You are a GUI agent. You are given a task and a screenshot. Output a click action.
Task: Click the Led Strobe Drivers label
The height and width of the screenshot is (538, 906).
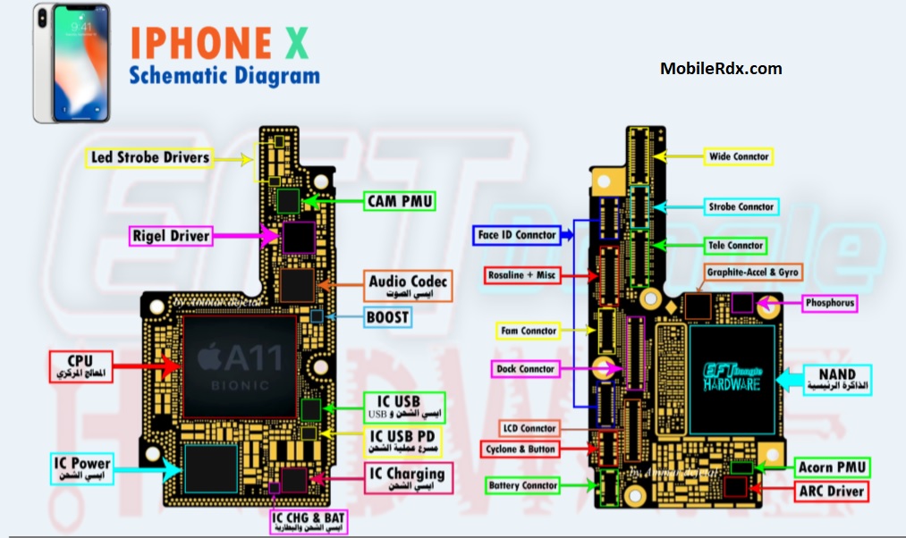tap(150, 158)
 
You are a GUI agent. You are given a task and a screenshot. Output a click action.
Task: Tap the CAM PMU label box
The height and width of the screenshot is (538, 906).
tap(399, 201)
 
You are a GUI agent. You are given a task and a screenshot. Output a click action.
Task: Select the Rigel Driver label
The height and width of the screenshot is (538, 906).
tap(171, 237)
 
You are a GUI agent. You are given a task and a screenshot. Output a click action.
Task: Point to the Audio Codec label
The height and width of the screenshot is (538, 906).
tap(408, 286)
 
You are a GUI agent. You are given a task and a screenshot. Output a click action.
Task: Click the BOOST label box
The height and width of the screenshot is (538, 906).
tap(388, 317)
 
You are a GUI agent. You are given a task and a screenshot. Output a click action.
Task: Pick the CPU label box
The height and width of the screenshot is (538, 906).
tap(80, 366)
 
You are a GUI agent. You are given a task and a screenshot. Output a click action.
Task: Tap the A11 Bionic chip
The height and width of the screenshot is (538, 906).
tap(240, 367)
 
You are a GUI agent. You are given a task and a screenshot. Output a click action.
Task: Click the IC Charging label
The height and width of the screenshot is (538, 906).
tap(407, 477)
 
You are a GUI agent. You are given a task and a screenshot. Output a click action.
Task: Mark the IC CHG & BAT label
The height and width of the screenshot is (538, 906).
tap(308, 520)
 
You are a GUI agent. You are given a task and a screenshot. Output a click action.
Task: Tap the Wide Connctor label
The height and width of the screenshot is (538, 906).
tap(738, 156)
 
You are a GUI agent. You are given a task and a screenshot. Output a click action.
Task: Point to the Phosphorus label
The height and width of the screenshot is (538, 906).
tap(829, 304)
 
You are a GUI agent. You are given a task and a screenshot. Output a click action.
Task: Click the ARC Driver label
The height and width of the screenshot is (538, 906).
tap(832, 491)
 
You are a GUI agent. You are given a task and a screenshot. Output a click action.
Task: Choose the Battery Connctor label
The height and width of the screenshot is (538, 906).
tap(523, 486)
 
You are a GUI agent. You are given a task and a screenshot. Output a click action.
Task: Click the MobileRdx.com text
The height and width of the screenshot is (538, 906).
tap(720, 68)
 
